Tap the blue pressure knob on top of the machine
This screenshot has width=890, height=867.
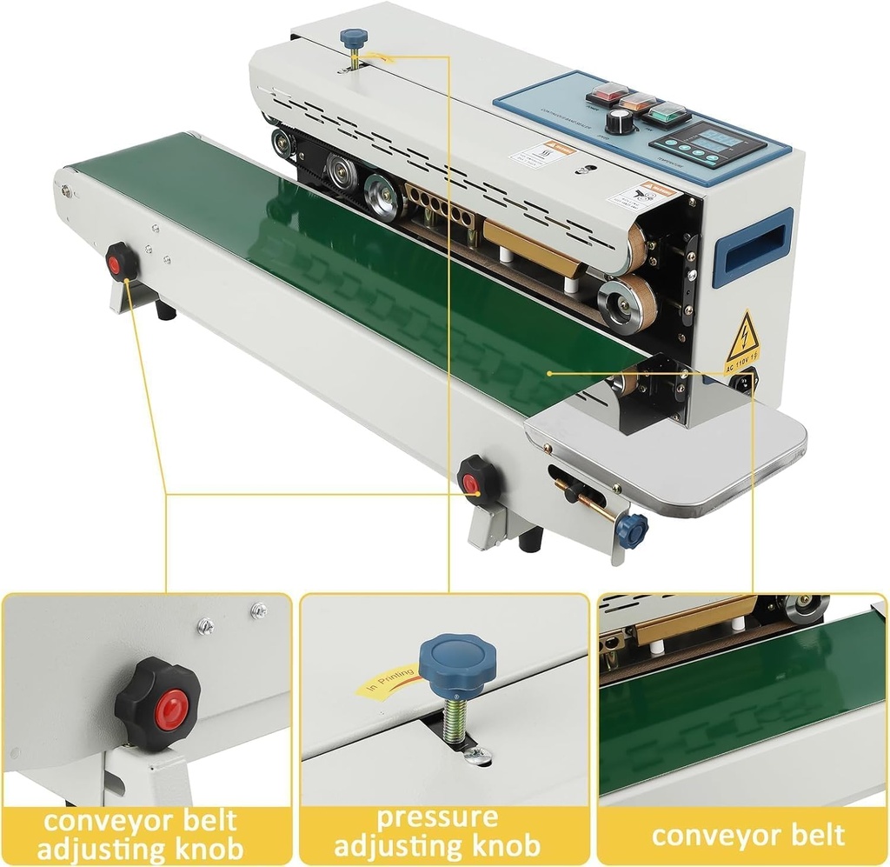[x=354, y=39]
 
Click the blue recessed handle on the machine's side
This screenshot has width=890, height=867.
[x=753, y=249]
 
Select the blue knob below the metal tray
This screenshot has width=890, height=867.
[x=633, y=530]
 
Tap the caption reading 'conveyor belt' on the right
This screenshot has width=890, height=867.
[x=747, y=836]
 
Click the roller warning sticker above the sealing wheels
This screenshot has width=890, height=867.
[x=641, y=196]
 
